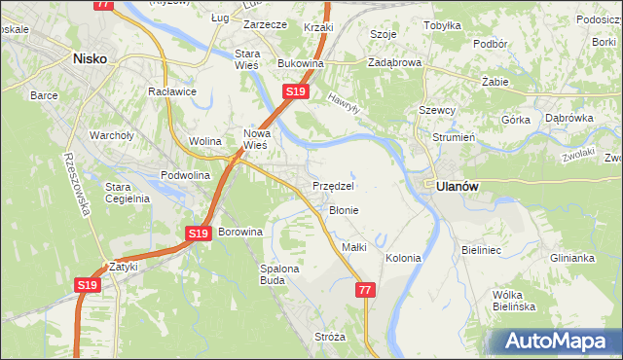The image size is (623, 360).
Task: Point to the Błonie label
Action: pos(344,210)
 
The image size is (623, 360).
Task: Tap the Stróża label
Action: pos(330,337)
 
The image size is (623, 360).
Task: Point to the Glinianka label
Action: pos(571,258)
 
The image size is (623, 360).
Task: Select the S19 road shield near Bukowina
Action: pos(297,91)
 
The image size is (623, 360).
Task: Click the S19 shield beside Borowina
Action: pos(199,234)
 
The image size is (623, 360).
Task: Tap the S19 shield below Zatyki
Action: pos(88,285)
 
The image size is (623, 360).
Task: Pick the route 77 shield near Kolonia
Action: pos(365,290)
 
